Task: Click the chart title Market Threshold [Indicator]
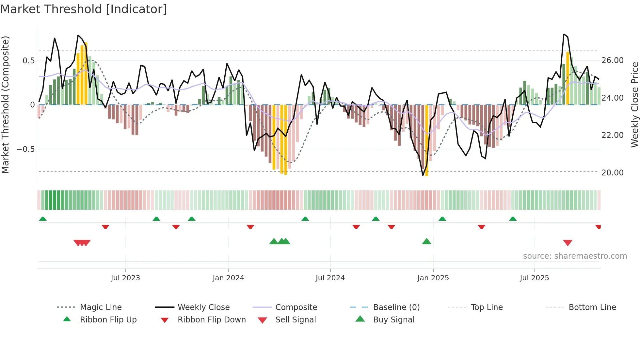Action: click(x=84, y=9)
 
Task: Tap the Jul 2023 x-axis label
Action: click(x=125, y=278)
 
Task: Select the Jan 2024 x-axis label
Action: click(x=228, y=278)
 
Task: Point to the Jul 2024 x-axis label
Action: click(x=330, y=278)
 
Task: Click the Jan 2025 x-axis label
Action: click(x=433, y=278)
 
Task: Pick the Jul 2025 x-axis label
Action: click(x=534, y=278)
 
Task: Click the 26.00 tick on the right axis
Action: click(x=612, y=60)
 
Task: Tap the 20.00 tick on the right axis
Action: click(x=612, y=173)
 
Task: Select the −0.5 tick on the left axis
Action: click(x=25, y=149)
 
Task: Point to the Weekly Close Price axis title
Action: click(x=634, y=105)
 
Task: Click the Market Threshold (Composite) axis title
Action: click(x=5, y=105)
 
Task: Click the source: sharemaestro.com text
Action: click(x=575, y=256)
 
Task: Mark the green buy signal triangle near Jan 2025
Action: click(x=426, y=242)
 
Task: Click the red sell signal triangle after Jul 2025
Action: click(x=568, y=243)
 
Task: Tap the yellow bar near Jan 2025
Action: click(x=427, y=140)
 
